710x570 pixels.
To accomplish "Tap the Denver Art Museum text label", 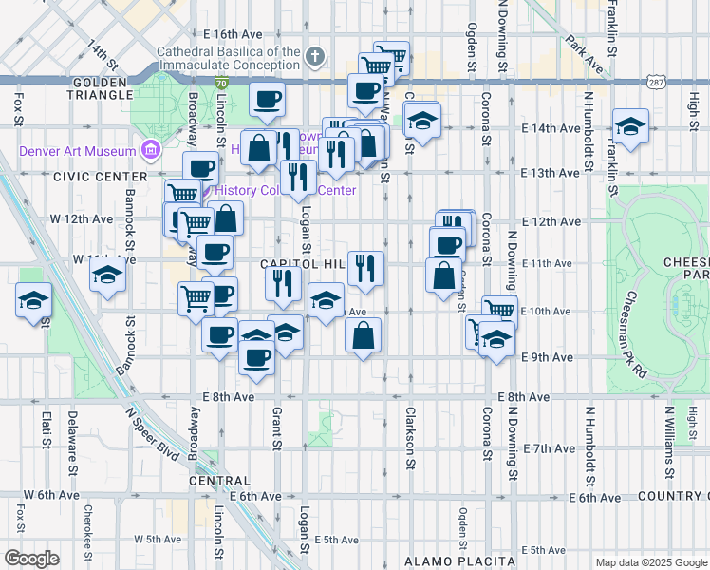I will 75,150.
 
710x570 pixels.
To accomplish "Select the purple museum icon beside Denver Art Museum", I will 150,149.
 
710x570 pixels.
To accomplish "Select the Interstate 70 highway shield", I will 221,85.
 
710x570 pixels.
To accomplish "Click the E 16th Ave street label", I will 238,32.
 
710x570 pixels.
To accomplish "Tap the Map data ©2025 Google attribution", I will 650,562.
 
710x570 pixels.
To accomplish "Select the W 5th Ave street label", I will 157,539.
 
